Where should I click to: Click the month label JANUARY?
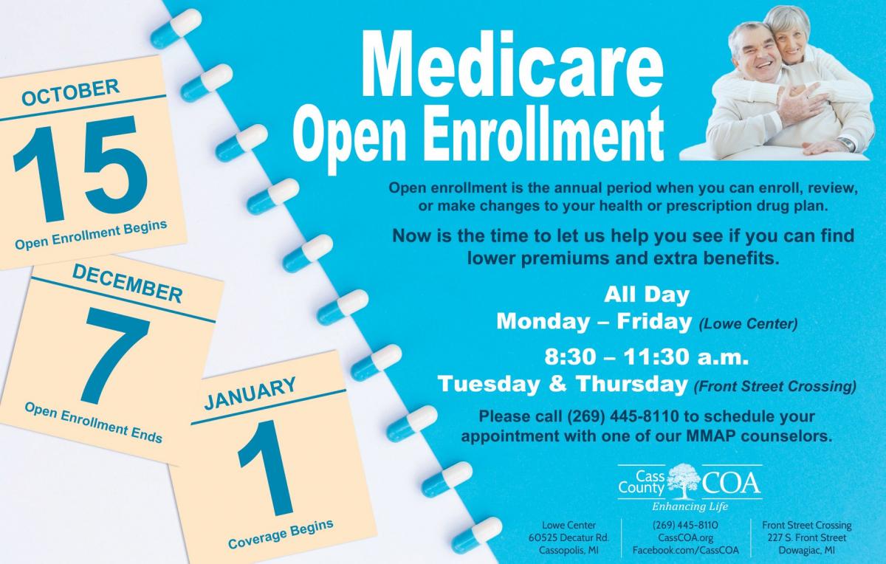point(250,393)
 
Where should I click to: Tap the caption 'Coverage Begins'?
point(281,534)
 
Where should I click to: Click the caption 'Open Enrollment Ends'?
point(93,422)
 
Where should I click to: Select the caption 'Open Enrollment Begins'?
point(91,234)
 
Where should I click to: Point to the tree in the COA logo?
point(683,481)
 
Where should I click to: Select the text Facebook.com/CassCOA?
point(685,550)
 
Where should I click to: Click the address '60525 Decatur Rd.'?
point(569,537)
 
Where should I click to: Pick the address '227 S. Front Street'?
point(806,537)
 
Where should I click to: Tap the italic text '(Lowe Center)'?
point(748,323)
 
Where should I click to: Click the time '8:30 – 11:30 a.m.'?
point(647,359)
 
